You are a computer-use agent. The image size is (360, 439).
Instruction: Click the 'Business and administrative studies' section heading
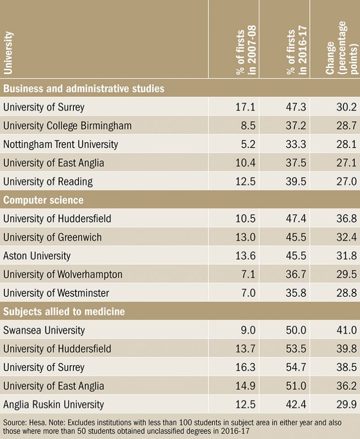tap(83, 88)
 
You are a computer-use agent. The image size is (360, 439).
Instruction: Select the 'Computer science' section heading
tap(43, 200)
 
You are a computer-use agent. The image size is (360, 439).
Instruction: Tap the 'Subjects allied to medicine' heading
tap(64, 312)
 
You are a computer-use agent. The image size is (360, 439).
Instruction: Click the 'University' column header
tap(9, 52)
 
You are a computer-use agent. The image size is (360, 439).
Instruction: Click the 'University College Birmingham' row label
tap(67, 126)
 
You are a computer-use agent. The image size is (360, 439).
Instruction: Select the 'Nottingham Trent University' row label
tap(61, 144)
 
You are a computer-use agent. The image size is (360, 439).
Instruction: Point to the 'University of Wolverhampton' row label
tap(63, 275)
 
